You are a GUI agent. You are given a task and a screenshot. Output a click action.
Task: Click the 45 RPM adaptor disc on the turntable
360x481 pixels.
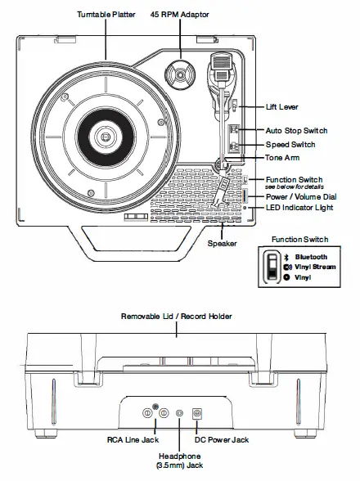[x=178, y=71]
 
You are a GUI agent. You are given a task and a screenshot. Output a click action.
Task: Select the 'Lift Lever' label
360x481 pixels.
[x=283, y=107]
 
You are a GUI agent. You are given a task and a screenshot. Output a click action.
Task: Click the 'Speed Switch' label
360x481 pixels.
[x=290, y=145]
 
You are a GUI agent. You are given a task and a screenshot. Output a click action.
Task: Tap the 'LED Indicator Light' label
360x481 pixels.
[x=302, y=209]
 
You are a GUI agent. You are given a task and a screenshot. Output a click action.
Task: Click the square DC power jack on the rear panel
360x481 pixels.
[x=196, y=414]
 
